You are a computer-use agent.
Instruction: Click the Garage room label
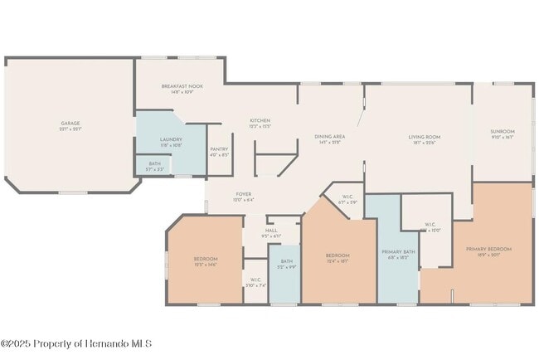click(70, 123)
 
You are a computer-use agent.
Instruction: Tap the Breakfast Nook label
click(182, 85)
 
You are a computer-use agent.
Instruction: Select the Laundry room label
click(171, 139)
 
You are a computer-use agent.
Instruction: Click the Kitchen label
click(260, 120)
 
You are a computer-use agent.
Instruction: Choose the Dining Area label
click(329, 136)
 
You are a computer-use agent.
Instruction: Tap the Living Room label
click(424, 137)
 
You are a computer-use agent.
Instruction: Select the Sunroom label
click(503, 131)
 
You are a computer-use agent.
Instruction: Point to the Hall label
click(271, 231)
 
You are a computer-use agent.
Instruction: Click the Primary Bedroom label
click(488, 249)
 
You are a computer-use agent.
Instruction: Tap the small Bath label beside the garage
click(155, 163)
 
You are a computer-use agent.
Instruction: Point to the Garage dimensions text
click(70, 129)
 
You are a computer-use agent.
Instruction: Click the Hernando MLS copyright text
click(76, 343)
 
